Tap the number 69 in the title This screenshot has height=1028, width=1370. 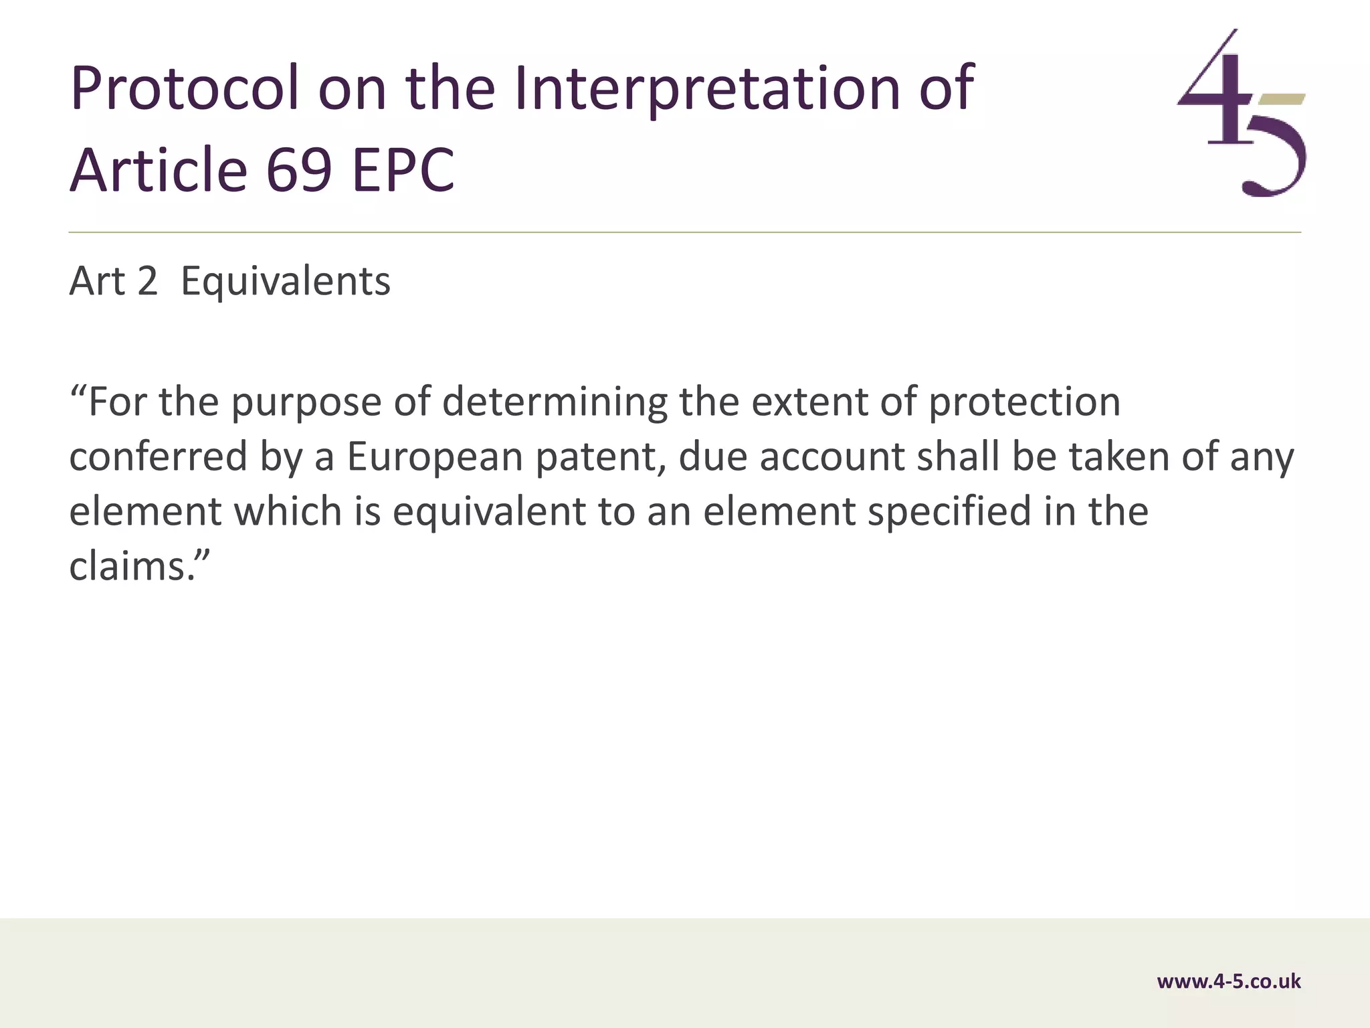pos(298,170)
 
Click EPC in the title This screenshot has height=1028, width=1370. pos(403,170)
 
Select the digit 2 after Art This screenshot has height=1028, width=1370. pos(147,281)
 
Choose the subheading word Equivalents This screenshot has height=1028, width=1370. pos(286,281)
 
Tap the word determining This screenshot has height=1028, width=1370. pos(555,404)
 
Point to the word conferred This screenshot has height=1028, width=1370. pos(159,457)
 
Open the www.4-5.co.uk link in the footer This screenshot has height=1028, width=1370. pos(1229,981)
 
